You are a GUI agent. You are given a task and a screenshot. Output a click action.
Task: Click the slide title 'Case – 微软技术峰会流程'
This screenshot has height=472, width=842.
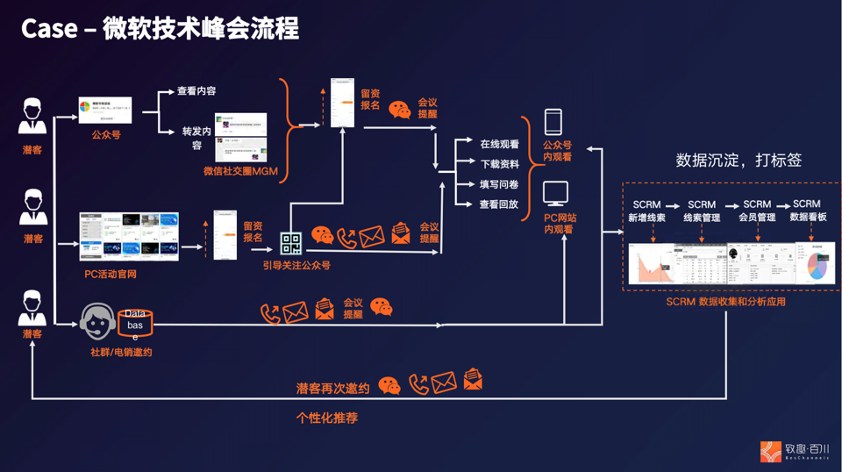(x=160, y=29)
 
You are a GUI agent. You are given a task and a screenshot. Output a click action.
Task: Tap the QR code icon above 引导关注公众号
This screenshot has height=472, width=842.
(x=291, y=243)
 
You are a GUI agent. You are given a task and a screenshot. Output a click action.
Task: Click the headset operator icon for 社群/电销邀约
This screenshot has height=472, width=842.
(x=98, y=322)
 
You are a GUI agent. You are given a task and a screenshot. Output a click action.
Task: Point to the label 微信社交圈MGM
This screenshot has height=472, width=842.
(x=240, y=171)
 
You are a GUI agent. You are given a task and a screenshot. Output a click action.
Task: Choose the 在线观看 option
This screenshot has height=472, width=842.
(x=499, y=144)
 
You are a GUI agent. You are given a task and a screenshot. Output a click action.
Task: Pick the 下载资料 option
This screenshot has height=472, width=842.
(x=499, y=164)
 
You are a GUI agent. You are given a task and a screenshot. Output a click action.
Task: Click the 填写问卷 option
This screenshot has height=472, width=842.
(x=499, y=184)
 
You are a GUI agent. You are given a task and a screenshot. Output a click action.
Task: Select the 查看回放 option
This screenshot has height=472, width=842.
(x=499, y=204)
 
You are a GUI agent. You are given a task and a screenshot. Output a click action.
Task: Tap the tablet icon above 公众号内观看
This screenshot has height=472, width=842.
(x=553, y=122)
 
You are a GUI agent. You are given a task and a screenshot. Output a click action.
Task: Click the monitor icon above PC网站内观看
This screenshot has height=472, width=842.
(x=555, y=192)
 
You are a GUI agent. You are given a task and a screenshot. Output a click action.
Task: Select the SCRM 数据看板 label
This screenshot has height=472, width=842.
(x=807, y=211)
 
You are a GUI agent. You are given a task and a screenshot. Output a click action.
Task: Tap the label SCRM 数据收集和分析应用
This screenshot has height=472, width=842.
(x=725, y=301)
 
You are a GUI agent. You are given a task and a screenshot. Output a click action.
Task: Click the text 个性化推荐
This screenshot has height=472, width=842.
(x=327, y=418)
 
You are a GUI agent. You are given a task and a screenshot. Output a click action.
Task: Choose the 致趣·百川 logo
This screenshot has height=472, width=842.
(x=795, y=451)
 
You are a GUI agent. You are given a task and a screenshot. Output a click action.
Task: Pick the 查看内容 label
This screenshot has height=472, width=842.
(x=196, y=90)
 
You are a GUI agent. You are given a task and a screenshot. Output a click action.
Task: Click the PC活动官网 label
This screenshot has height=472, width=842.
(x=111, y=274)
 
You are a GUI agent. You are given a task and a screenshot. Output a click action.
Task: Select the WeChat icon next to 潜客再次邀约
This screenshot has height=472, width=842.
(x=389, y=385)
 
